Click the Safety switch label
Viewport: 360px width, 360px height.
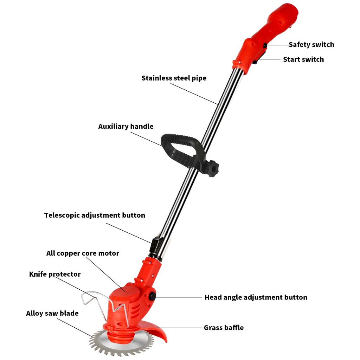coord(311,45)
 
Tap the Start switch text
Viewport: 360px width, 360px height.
coord(303,59)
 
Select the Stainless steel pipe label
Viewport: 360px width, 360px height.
coord(174,78)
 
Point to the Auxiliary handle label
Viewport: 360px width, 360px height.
coord(126,127)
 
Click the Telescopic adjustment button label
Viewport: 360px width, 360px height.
coord(95,215)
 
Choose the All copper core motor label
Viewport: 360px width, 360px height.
coord(83,253)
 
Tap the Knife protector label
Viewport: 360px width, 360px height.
coord(55,274)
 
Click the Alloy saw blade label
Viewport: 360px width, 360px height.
coord(52,313)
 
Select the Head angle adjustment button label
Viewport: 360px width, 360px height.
coord(256,297)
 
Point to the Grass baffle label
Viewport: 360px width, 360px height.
coord(224,328)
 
